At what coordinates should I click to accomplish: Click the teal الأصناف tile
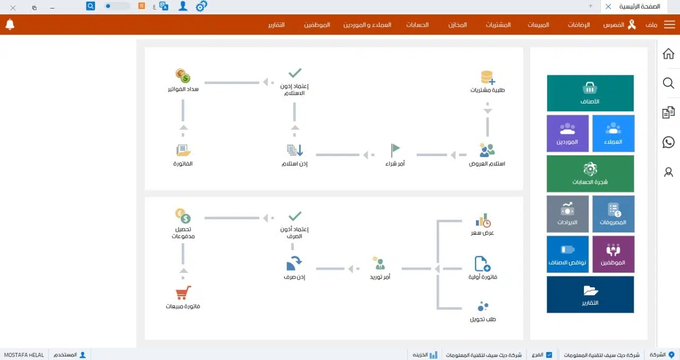(590, 93)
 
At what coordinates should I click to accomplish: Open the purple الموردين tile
(567, 133)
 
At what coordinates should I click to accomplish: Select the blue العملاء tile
(613, 133)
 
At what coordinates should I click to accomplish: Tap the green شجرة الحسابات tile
(590, 174)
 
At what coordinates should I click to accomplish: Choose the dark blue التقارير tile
(590, 294)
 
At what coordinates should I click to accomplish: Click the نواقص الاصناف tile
(567, 254)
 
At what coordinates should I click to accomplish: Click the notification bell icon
(10, 24)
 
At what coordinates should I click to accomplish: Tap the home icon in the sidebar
(668, 54)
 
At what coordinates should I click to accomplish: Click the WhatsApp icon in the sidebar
(668, 142)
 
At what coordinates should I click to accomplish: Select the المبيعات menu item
(538, 25)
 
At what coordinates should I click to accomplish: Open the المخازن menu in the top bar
(457, 25)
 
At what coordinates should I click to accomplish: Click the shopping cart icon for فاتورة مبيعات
(183, 293)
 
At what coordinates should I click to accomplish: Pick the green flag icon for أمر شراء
(395, 150)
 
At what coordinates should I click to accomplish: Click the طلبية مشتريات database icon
(487, 78)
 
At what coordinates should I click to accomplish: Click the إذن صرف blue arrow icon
(294, 263)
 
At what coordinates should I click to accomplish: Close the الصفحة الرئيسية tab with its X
(608, 6)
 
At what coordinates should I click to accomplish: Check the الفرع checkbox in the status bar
(549, 355)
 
